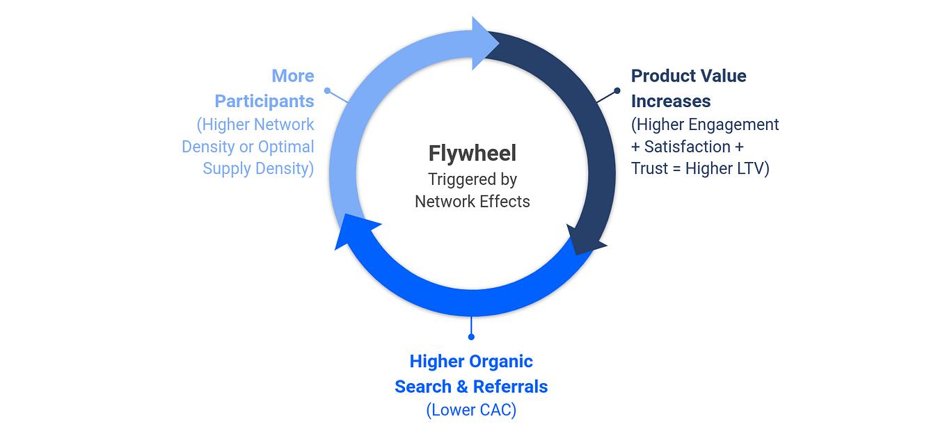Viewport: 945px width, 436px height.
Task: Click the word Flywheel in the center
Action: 472,153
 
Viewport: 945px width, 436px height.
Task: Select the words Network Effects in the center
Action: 472,202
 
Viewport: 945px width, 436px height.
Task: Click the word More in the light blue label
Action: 292,76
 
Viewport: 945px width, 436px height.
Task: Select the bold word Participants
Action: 264,102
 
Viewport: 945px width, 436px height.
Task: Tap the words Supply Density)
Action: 258,168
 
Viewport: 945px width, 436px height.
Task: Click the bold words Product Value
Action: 688,76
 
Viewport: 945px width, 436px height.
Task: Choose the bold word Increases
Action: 670,102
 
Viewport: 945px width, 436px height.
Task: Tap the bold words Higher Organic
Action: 471,362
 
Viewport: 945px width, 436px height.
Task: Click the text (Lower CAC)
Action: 471,410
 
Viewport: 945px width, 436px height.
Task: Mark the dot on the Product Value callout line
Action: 617,91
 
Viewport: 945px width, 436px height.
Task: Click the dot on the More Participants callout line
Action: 328,91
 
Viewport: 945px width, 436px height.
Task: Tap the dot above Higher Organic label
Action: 471,337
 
